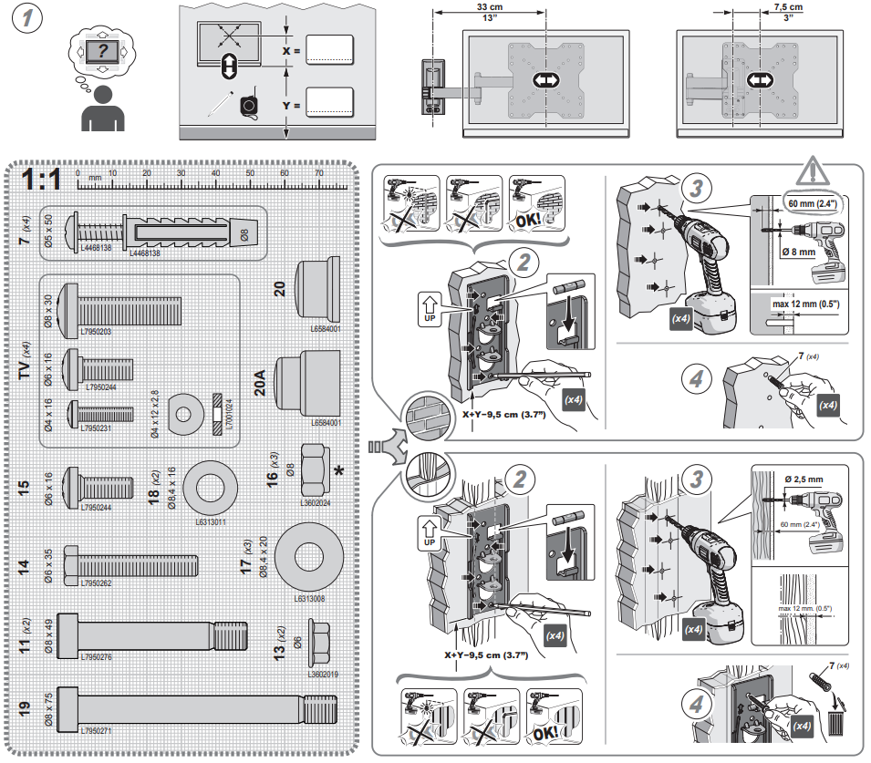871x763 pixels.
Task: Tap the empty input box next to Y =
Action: (x=329, y=103)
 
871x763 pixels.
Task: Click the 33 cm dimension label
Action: (x=487, y=6)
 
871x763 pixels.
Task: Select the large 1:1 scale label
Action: (x=42, y=179)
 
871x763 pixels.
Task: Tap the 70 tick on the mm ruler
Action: (x=318, y=173)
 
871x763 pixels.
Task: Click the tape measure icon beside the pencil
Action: (x=248, y=108)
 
